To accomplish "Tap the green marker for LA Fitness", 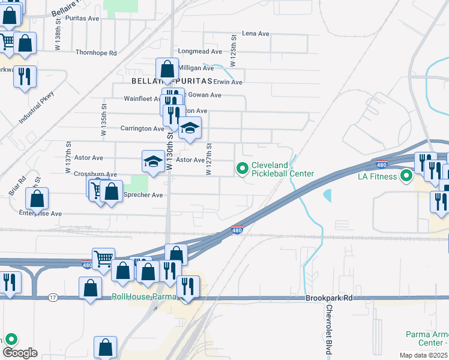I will tap(406, 176).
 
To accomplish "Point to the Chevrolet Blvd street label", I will tap(329, 323).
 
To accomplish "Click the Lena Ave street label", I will tap(255, 34).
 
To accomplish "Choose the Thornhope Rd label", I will tap(96, 53).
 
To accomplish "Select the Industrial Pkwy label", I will tap(36, 107).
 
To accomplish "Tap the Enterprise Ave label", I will tap(40, 213).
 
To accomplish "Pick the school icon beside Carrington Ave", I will tap(190, 128).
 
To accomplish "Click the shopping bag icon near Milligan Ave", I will tap(167, 70).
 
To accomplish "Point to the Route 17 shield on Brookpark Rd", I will tap(53, 298).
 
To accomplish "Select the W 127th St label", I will tap(209, 158).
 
